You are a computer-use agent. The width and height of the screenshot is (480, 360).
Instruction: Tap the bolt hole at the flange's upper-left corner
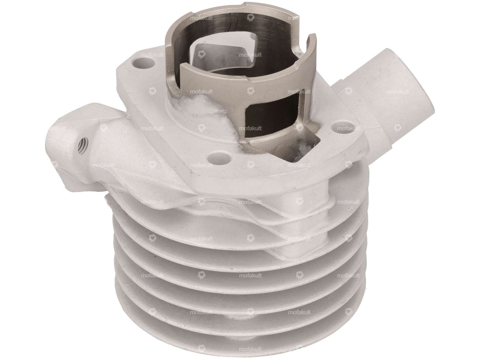pos(143,61)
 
